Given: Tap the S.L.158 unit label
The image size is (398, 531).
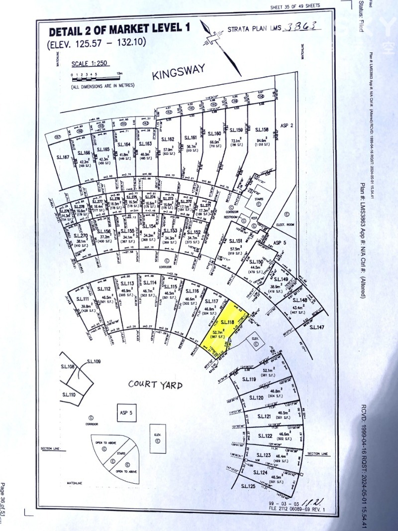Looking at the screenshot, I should coord(262,130).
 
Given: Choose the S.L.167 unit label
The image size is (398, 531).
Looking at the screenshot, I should coord(63,157).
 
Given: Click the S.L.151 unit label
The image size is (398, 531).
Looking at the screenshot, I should coord(235,241).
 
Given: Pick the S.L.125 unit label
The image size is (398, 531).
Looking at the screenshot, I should coord(248,486).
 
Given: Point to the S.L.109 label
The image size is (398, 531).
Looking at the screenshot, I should coord(94,361).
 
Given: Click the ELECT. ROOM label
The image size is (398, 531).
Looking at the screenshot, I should coord(286,225).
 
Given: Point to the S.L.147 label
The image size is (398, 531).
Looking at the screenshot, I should coord(317,327).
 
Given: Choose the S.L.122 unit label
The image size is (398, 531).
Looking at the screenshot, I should coord(265,436).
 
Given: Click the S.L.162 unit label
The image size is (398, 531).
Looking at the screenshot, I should coord(169,139).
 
